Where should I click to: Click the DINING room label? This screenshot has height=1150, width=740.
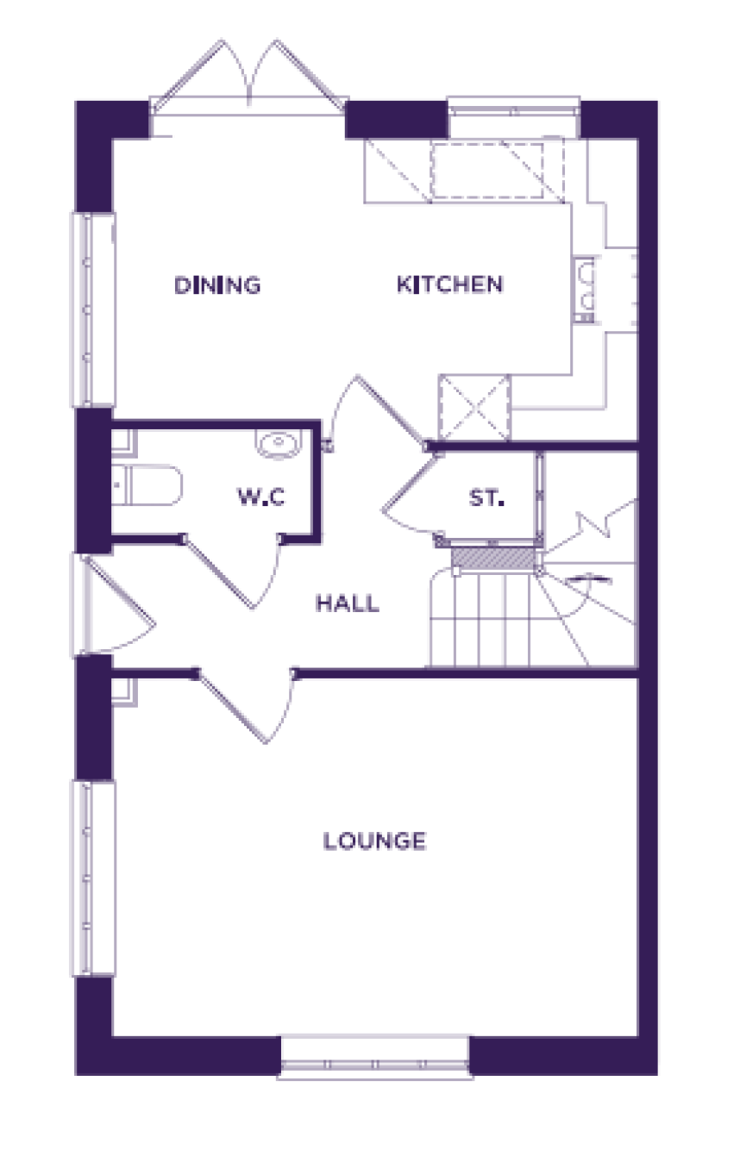tap(217, 285)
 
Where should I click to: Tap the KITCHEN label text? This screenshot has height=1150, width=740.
tap(450, 284)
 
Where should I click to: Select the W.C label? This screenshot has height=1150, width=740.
tap(260, 497)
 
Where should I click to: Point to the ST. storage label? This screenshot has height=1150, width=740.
tap(486, 497)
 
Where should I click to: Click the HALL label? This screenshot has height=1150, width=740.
tap(348, 603)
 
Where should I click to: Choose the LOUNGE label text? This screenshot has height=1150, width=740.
tap(374, 841)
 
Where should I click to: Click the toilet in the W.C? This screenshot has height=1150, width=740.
tap(147, 484)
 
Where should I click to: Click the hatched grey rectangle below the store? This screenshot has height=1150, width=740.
tap(493, 558)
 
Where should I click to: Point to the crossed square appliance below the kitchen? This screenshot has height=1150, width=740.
tap(474, 408)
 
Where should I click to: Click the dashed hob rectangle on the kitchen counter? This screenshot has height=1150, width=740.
tap(486, 171)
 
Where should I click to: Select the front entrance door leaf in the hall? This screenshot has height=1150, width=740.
tap(119, 591)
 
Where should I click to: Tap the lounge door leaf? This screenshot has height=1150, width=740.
tap(231, 706)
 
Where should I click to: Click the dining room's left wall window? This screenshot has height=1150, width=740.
tap(92, 309)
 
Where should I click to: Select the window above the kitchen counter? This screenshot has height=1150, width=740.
tap(513, 109)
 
